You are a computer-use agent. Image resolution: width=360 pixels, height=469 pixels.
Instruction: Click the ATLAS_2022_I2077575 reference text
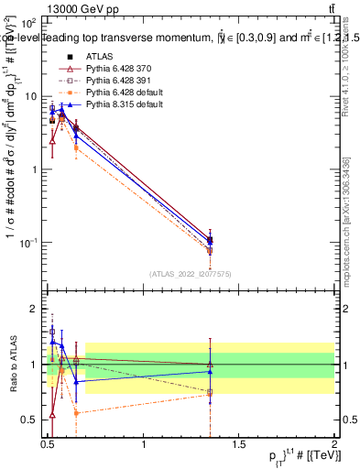(x=191, y=273)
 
